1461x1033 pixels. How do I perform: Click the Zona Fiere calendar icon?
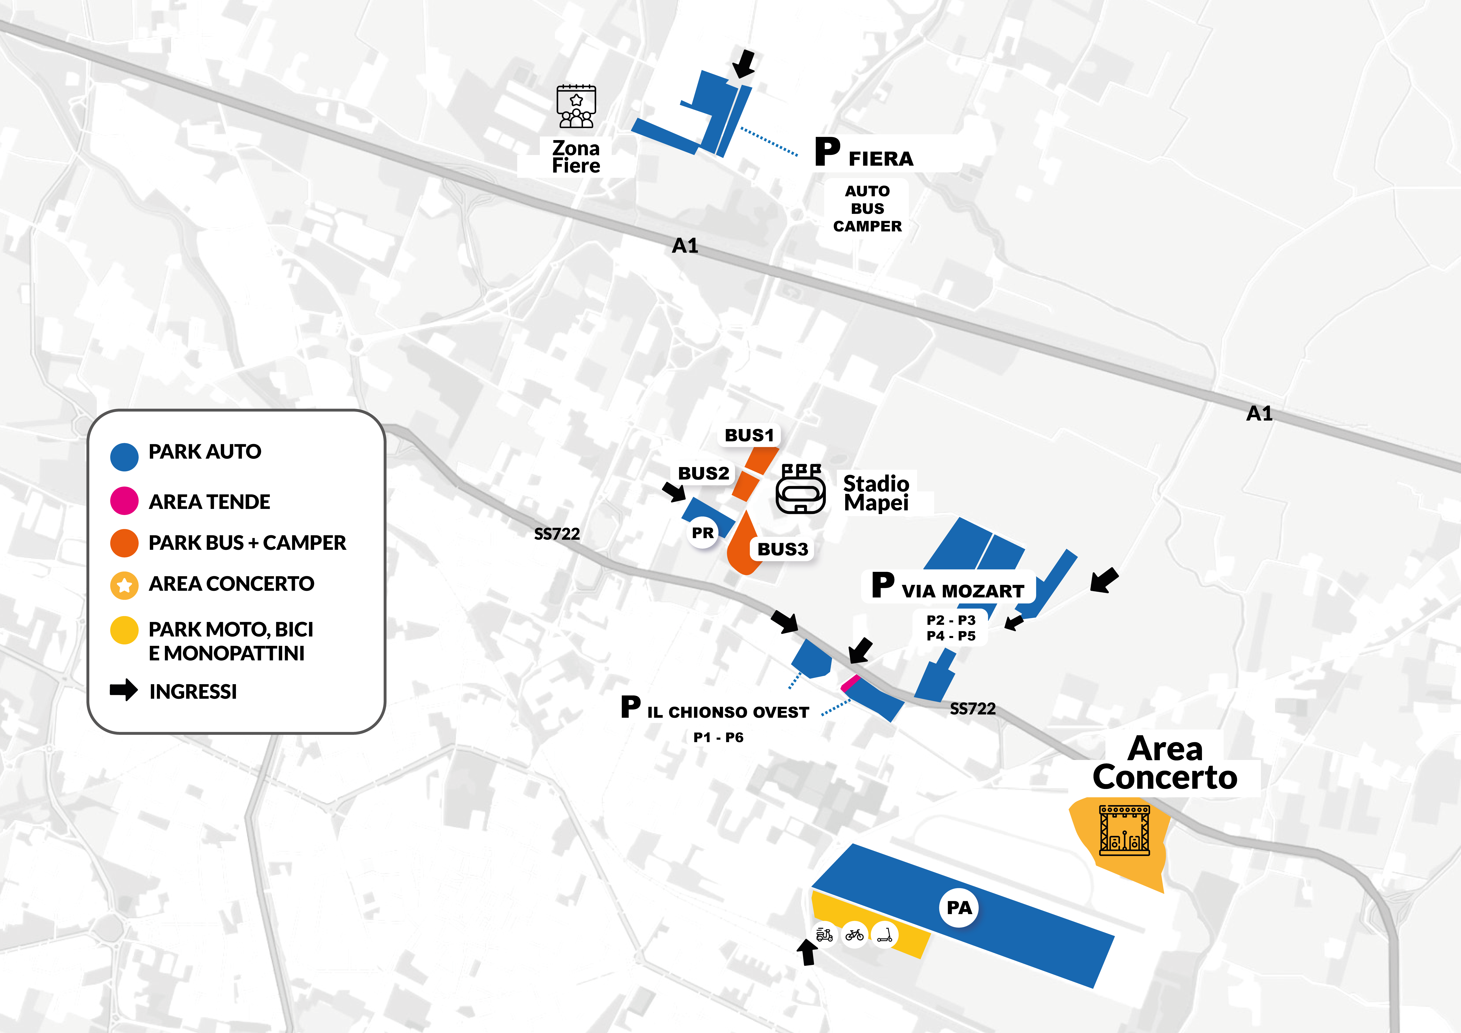[x=576, y=106]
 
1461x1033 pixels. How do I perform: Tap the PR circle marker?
[x=703, y=533]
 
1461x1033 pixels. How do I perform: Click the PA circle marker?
[x=959, y=908]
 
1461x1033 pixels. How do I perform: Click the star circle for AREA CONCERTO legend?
[x=124, y=586]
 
